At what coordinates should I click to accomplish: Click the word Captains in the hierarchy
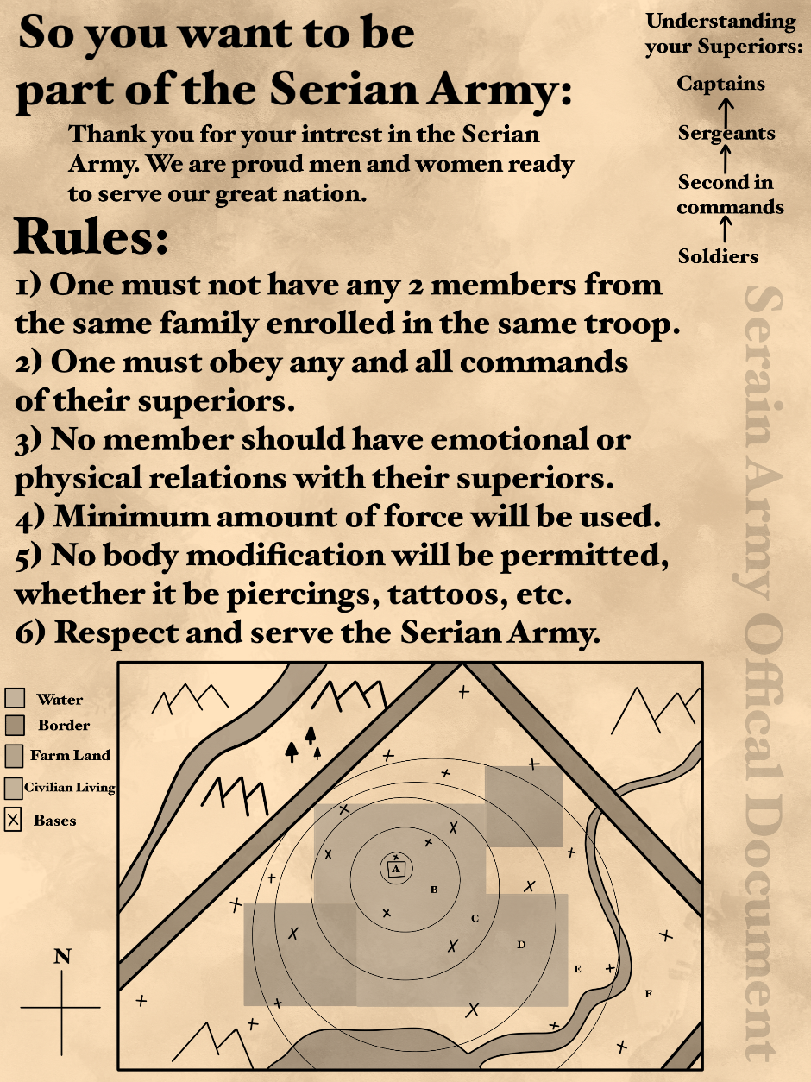(720, 84)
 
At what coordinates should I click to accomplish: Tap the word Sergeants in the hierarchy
(726, 133)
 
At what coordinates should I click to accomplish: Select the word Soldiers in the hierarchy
(718, 256)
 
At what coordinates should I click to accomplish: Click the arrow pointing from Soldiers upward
(725, 230)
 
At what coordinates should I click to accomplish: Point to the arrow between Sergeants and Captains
(726, 111)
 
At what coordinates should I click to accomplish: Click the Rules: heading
(91, 236)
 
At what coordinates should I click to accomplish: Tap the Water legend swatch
(15, 698)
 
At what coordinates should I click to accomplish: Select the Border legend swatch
(15, 725)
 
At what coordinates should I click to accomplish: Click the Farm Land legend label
(70, 755)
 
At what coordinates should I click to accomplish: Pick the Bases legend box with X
(13, 821)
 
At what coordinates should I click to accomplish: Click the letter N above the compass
(62, 956)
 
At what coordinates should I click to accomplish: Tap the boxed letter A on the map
(396, 869)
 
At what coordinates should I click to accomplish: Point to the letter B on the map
(434, 890)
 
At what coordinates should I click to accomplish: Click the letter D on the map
(521, 945)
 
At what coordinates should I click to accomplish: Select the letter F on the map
(649, 994)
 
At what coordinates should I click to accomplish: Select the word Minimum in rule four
(131, 517)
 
